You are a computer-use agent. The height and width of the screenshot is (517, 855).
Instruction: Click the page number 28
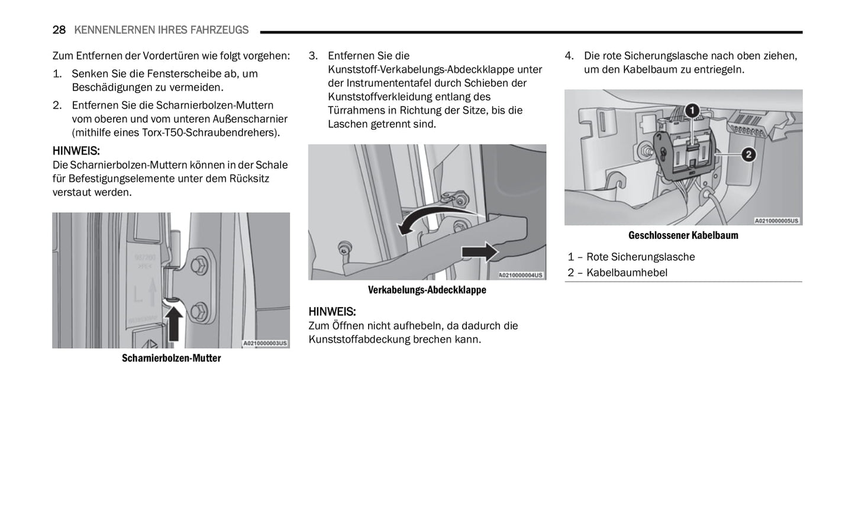click(x=59, y=30)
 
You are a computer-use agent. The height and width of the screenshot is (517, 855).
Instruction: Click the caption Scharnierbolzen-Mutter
click(x=171, y=358)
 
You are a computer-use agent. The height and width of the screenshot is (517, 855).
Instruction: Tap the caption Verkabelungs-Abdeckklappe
click(x=427, y=290)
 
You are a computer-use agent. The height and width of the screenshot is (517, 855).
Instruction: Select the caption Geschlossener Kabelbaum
click(x=683, y=235)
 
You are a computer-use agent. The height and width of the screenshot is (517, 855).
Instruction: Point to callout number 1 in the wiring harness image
click(x=692, y=111)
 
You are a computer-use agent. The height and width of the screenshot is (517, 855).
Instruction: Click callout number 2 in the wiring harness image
click(x=748, y=155)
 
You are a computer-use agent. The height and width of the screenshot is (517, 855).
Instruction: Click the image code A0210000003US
click(x=265, y=343)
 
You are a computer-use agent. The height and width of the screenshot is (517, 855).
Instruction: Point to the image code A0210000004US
click(x=521, y=275)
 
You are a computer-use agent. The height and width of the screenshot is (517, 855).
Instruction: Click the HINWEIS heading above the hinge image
click(x=76, y=151)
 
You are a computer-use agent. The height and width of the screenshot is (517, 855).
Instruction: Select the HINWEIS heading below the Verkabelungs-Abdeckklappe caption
click(x=332, y=312)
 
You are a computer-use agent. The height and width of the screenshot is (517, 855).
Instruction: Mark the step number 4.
click(x=569, y=56)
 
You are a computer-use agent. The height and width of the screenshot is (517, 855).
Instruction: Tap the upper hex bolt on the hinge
click(x=200, y=261)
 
